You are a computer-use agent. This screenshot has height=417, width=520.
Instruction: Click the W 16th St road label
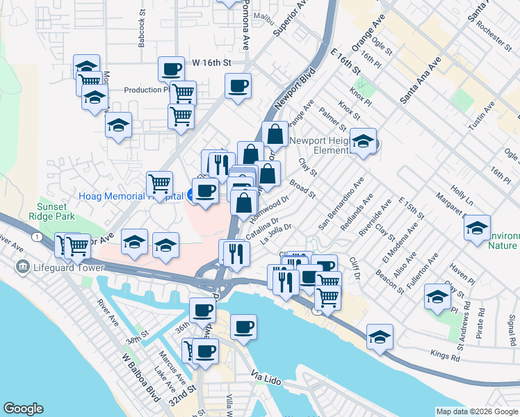pyautogui.click(x=211, y=63)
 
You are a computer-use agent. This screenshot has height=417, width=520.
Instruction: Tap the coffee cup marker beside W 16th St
pyautogui.click(x=171, y=69)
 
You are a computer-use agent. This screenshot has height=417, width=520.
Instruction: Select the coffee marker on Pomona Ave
pyautogui.click(x=238, y=87)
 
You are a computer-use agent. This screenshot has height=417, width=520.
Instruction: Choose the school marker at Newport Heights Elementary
pyautogui.click(x=363, y=142)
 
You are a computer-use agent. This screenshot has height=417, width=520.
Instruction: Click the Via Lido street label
pyautogui.click(x=268, y=375)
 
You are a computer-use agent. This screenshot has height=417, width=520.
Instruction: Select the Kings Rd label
pyautogui.click(x=446, y=357)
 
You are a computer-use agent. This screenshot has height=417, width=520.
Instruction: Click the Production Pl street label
pyautogui.click(x=147, y=90)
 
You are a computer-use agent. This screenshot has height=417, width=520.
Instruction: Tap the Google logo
pyautogui.click(x=24, y=409)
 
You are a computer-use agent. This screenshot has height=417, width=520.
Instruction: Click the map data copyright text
pyautogui.click(x=476, y=411)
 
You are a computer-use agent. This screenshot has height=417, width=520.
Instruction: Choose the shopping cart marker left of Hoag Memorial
pyautogui.click(x=159, y=184)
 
